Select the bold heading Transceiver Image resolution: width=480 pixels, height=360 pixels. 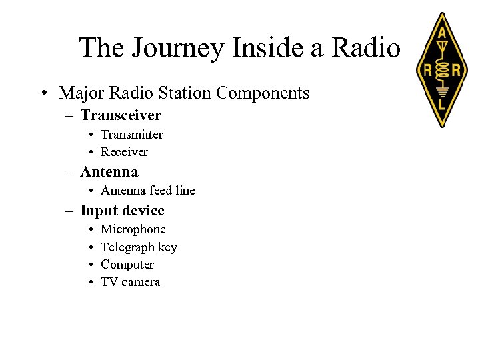(x=121, y=115)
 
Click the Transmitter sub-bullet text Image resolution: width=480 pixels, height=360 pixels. (x=132, y=135)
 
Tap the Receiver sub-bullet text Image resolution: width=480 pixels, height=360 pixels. (x=124, y=152)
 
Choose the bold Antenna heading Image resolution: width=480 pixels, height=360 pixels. (x=109, y=172)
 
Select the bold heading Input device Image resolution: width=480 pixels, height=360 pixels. (x=122, y=211)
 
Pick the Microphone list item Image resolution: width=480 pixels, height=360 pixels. (x=133, y=229)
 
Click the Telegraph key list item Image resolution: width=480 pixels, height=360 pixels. (x=139, y=247)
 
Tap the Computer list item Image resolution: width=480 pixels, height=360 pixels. (x=127, y=265)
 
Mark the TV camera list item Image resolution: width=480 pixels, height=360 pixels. (x=131, y=282)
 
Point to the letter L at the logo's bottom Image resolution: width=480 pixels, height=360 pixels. (x=441, y=105)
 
